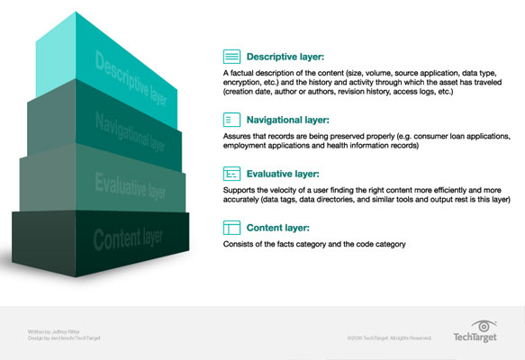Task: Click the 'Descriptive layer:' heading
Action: [290, 55]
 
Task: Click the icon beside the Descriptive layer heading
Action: [231, 55]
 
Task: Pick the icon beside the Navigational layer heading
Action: [231, 118]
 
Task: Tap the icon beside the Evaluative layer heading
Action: [231, 173]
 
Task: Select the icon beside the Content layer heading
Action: [231, 229]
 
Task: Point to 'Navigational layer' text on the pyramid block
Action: [131, 133]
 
